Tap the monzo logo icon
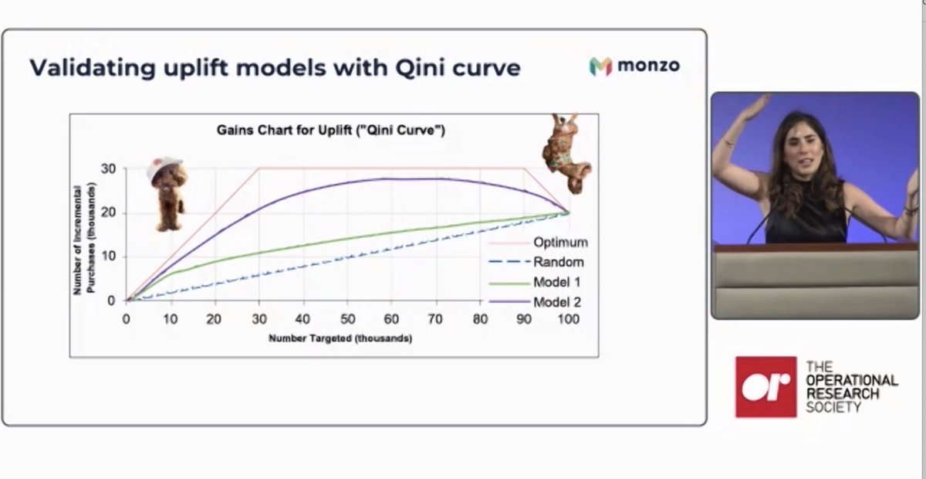click(x=600, y=66)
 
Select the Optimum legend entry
click(x=560, y=242)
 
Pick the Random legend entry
click(x=558, y=262)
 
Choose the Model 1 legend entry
click(x=556, y=282)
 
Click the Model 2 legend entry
click(x=556, y=302)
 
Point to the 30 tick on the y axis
click(x=109, y=168)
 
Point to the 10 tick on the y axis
click(x=109, y=256)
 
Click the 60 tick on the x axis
click(x=391, y=318)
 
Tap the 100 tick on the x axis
click(x=569, y=318)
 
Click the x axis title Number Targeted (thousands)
click(x=340, y=338)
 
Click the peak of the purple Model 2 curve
click(x=413, y=179)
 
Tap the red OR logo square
click(x=765, y=386)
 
